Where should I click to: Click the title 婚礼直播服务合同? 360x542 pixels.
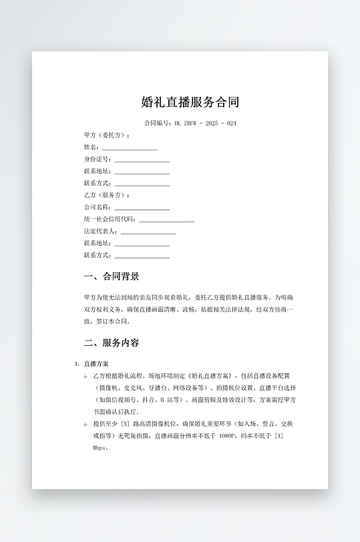[190, 102]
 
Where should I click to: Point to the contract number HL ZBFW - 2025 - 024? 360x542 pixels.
[204, 123]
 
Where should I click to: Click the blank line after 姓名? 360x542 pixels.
[130, 147]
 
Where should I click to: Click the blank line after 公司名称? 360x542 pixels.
[142, 207]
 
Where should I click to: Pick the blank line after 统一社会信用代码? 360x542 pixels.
[166, 219]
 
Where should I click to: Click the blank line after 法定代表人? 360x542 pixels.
[148, 231]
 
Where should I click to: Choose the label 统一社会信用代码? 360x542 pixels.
[110, 219]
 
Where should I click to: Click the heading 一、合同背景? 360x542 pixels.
[112, 276]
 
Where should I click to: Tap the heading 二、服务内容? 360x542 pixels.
[112, 343]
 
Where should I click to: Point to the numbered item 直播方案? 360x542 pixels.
[96, 364]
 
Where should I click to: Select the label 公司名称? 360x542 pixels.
[97, 207]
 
